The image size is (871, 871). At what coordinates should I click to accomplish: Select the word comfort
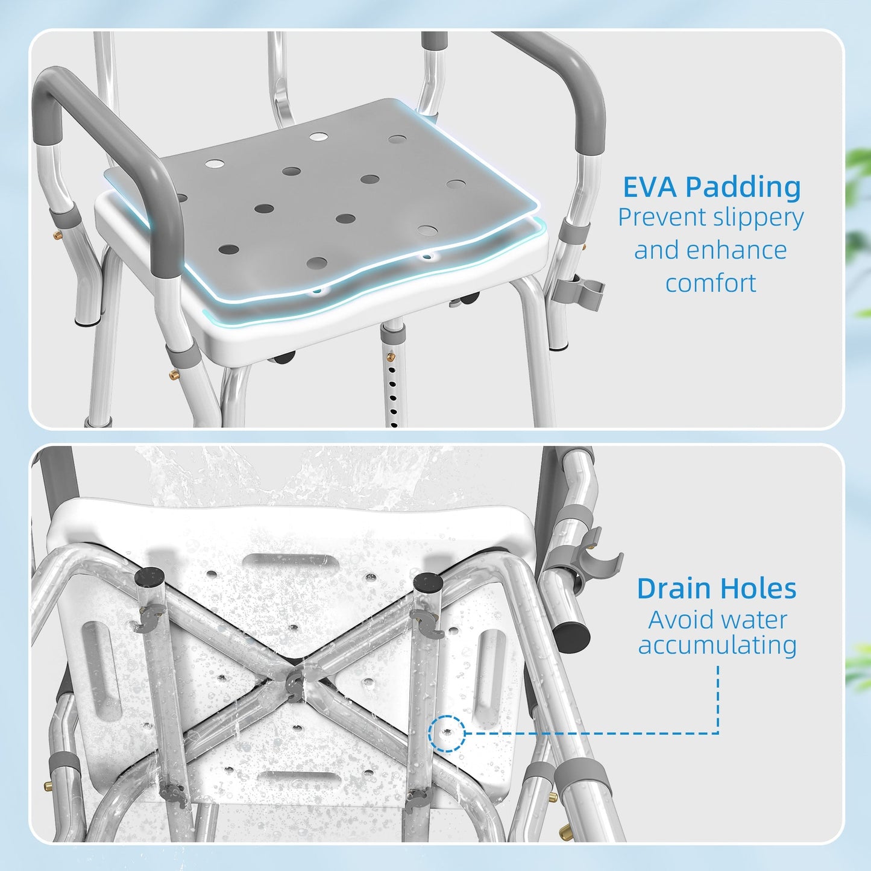coord(711,283)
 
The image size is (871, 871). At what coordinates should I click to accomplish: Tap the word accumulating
coord(717,645)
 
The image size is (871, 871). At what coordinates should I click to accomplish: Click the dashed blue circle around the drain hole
coord(447,733)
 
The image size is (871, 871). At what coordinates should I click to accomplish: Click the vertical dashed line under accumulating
coord(718,699)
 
